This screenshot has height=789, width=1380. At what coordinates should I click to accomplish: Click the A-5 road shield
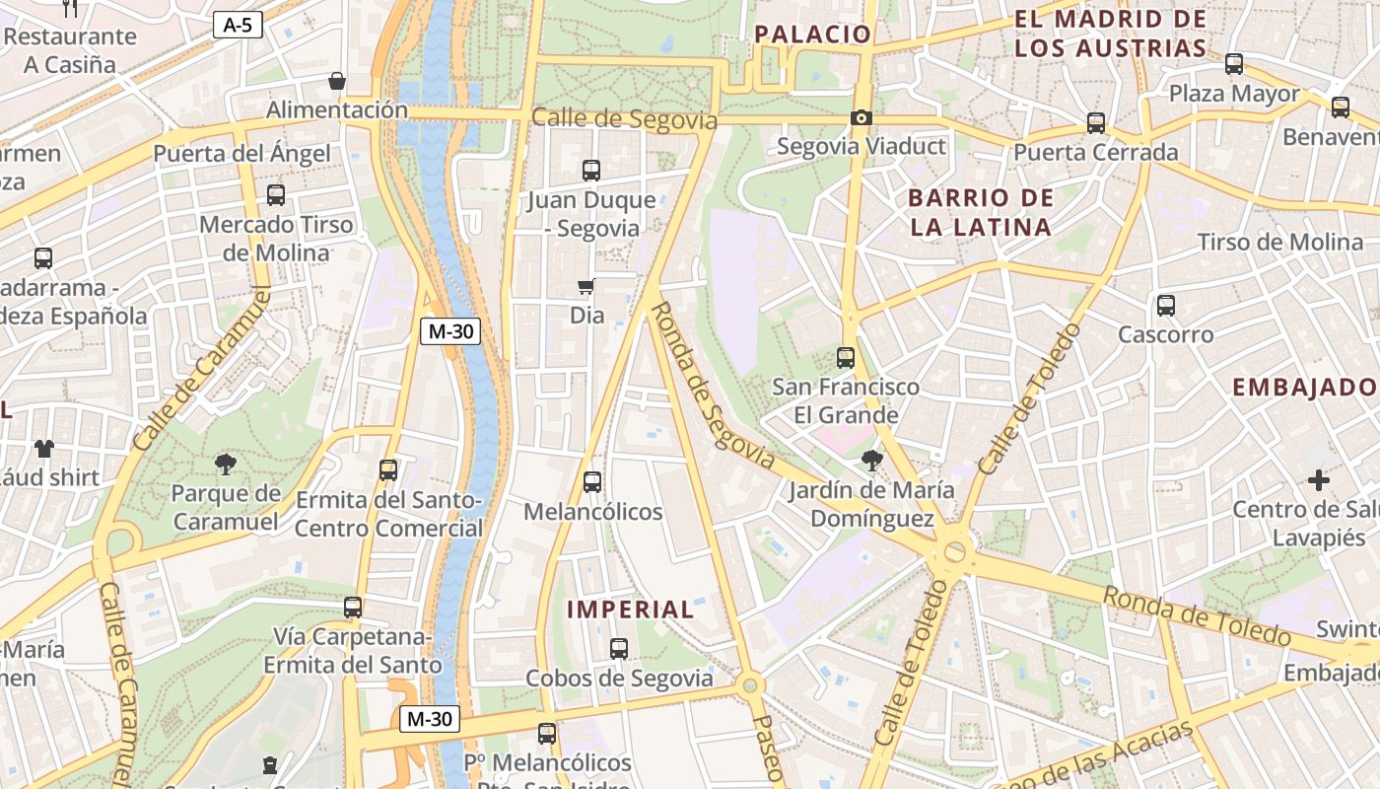(x=238, y=26)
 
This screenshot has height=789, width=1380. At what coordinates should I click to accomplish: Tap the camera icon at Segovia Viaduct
(x=862, y=118)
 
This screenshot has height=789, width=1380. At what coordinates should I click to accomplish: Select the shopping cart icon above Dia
(x=586, y=287)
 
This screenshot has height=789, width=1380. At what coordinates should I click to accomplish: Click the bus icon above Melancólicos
(x=591, y=482)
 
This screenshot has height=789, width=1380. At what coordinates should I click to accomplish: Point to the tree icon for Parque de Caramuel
(x=226, y=464)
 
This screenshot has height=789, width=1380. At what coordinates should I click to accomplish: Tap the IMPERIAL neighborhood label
(x=631, y=610)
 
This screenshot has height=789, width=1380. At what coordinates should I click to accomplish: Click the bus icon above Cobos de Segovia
(x=618, y=649)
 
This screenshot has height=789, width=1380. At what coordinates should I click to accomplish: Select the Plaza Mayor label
(x=1234, y=95)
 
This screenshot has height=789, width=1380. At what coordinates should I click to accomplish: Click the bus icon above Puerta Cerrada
(x=1095, y=124)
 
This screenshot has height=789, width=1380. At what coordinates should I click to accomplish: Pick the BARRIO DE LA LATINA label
(x=981, y=212)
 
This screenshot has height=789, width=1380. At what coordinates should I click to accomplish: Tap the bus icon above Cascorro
(x=1166, y=306)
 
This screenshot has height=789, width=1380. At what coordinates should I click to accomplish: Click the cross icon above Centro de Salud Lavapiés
(x=1318, y=481)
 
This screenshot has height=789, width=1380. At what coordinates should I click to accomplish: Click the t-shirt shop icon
(x=44, y=449)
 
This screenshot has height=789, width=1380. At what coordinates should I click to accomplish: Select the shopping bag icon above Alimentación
(x=337, y=81)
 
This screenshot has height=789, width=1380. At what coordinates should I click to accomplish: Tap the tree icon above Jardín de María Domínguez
(x=871, y=460)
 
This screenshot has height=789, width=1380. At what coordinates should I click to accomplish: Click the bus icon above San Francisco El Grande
(x=845, y=358)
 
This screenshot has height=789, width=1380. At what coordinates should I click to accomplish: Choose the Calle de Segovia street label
(x=624, y=119)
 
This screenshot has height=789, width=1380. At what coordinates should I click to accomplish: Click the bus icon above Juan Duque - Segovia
(x=590, y=171)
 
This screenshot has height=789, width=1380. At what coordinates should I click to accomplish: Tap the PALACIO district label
(x=813, y=35)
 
